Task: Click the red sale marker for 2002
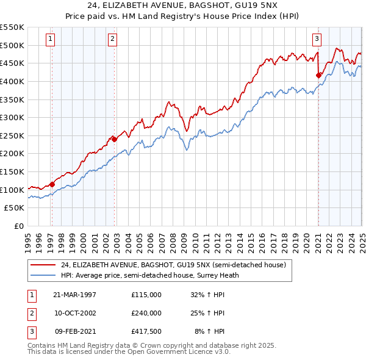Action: (x=114, y=139)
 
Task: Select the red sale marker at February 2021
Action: (x=318, y=75)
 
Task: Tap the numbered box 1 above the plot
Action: (x=50, y=39)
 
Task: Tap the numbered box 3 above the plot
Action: (x=317, y=39)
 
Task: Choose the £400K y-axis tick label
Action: (x=12, y=81)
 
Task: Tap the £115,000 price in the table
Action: (x=146, y=294)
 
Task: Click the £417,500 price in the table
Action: (x=146, y=332)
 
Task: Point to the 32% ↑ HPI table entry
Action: (x=208, y=294)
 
